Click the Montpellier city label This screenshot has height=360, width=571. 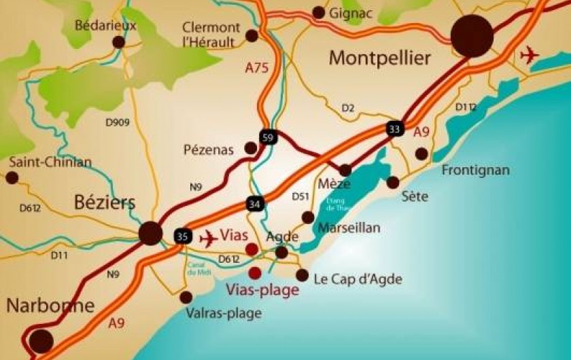(379, 59)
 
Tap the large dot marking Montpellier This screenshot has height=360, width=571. (473, 36)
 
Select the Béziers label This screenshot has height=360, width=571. (104, 202)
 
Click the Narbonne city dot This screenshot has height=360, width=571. (41, 340)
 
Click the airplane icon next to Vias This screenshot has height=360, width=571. (209, 238)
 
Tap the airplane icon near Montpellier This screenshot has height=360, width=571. (528, 55)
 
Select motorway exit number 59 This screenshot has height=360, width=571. (269, 138)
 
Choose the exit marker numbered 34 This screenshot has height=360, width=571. (254, 202)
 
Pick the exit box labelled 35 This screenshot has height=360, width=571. (181, 236)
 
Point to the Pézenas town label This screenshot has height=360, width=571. (208, 149)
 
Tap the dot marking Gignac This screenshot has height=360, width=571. (318, 12)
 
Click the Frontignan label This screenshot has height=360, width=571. (475, 170)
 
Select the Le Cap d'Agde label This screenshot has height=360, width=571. (358, 278)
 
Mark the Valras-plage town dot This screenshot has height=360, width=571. (186, 297)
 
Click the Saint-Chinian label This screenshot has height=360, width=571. (50, 162)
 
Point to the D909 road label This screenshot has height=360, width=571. (118, 122)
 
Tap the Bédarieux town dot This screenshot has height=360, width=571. (119, 42)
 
